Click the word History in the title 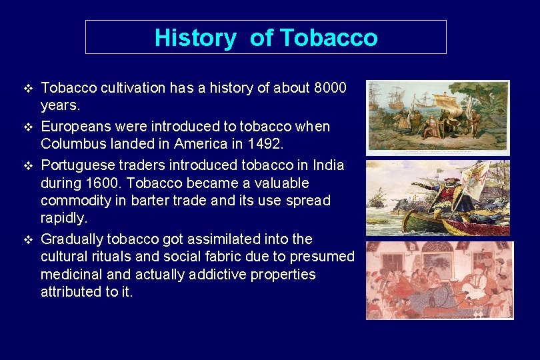pos(195,37)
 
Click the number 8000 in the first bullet pos(329,88)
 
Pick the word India pos(328,165)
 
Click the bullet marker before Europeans pos(27,127)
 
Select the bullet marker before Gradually pos(27,239)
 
